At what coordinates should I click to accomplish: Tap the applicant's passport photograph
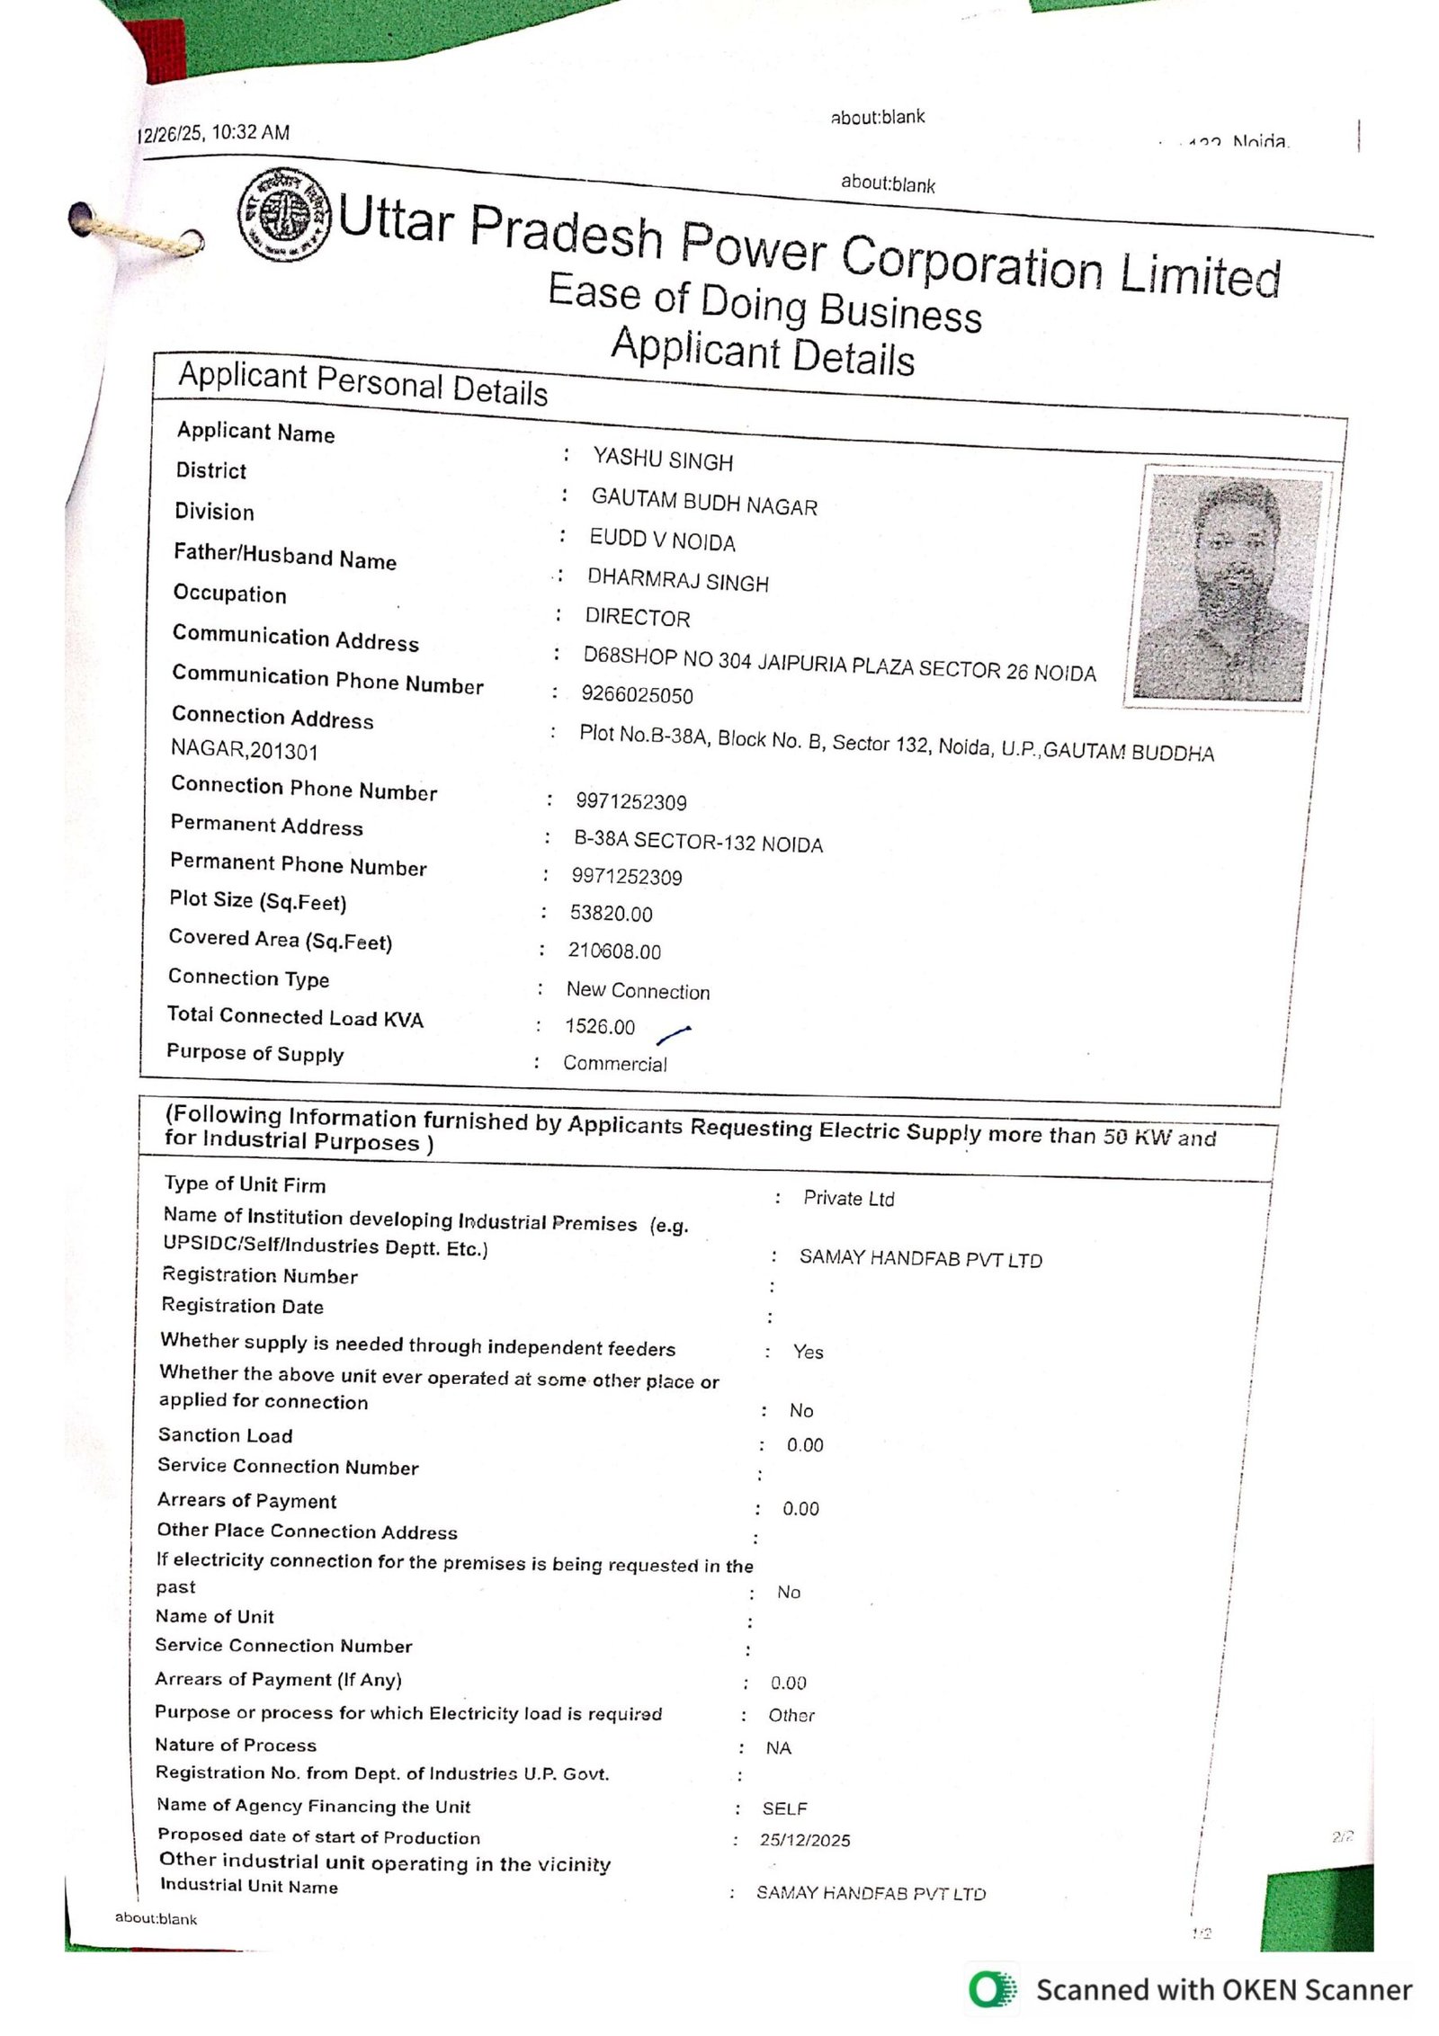tap(1229, 585)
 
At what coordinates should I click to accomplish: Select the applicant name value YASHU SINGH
tap(663, 460)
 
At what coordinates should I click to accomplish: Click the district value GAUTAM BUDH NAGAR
tap(704, 502)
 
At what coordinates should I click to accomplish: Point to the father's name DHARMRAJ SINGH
tap(678, 580)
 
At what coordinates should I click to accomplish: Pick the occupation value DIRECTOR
tap(638, 618)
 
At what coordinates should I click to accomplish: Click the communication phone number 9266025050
tap(637, 694)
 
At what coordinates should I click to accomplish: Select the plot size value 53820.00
tap(611, 914)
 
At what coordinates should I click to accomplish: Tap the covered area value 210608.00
tap(614, 951)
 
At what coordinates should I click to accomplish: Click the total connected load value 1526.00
tap(600, 1026)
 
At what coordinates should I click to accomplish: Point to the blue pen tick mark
tap(674, 1035)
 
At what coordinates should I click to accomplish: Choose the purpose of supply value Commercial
tap(615, 1064)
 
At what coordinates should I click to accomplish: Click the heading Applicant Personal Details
tap(362, 383)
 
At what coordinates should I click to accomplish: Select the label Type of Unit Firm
tap(245, 1184)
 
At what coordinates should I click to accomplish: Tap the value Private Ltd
tap(849, 1199)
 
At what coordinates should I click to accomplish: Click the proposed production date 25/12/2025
tap(804, 1840)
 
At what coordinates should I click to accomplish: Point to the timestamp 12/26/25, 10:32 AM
tap(214, 134)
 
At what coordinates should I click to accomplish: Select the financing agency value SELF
tap(784, 1808)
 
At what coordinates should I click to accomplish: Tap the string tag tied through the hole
tap(135, 233)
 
